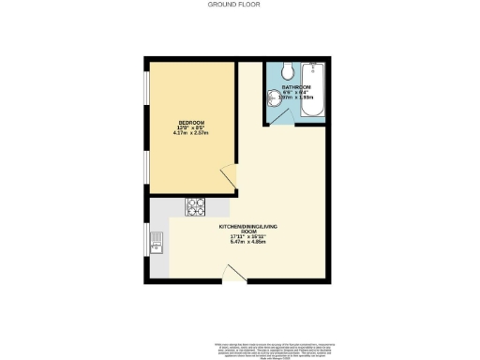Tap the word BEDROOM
pyautogui.click(x=189, y=122)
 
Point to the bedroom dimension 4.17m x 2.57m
pyautogui.click(x=189, y=133)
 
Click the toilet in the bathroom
pyautogui.click(x=288, y=70)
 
